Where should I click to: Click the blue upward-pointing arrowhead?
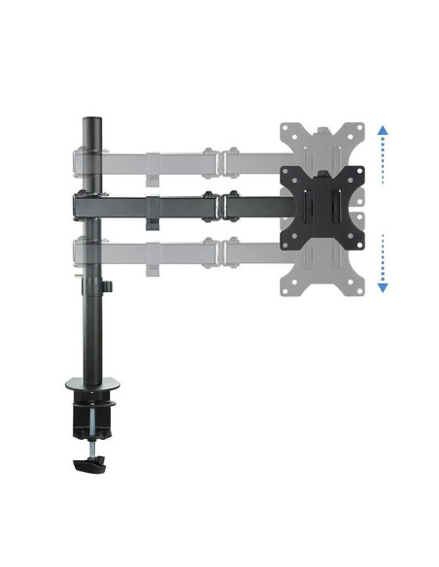click(383, 130)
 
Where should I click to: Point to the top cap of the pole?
click(92, 121)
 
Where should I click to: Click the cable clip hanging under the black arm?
click(152, 223)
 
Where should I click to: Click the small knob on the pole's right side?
click(110, 286)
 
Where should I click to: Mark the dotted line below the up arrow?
click(383, 160)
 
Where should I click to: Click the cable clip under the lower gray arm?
click(152, 269)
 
